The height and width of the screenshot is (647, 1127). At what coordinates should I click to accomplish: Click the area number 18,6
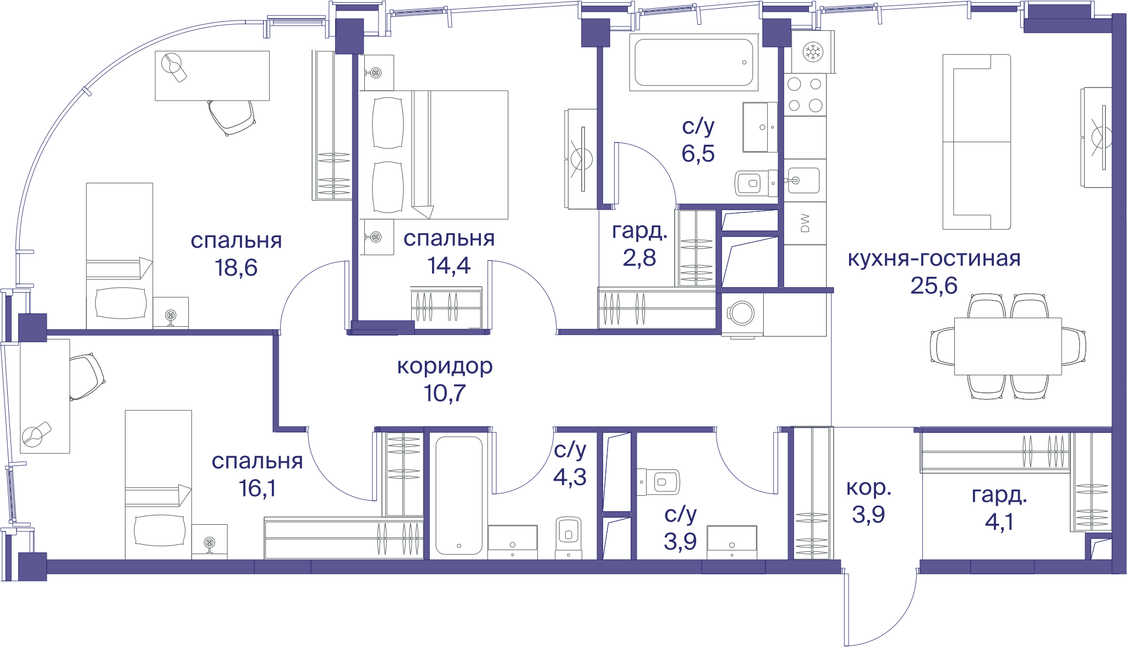click(x=236, y=268)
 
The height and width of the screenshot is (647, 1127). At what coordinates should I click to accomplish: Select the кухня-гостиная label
click(x=934, y=258)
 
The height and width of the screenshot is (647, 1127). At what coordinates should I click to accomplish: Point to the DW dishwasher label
click(x=805, y=223)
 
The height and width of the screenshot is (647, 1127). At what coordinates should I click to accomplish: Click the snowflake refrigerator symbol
click(x=813, y=52)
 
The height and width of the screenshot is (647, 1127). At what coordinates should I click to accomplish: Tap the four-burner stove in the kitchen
click(x=805, y=95)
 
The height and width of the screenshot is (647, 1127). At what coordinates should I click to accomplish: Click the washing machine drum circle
click(x=743, y=313)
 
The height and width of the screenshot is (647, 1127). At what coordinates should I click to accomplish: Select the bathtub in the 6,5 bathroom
click(x=694, y=62)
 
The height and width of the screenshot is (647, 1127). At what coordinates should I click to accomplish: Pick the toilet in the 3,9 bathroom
click(x=659, y=482)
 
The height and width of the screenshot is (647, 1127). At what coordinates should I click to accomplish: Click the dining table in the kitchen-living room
click(x=1008, y=346)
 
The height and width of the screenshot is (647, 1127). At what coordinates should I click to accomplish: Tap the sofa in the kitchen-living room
click(x=976, y=141)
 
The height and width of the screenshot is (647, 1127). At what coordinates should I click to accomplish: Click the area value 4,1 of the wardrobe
click(x=999, y=521)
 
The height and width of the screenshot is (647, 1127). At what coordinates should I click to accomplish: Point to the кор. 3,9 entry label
click(x=868, y=501)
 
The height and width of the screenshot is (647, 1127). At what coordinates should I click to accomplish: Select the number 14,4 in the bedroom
click(x=449, y=266)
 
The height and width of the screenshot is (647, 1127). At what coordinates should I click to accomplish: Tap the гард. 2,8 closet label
click(x=639, y=244)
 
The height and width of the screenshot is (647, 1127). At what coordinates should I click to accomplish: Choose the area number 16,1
click(x=258, y=488)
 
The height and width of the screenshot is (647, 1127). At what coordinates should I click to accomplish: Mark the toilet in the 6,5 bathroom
click(x=753, y=183)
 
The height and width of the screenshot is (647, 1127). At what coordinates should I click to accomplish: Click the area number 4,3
click(x=570, y=477)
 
